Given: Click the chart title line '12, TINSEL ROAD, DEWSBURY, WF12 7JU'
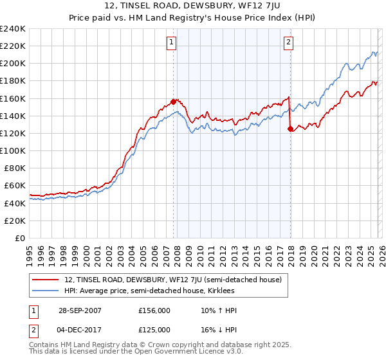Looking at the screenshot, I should pyautogui.click(x=193, y=7).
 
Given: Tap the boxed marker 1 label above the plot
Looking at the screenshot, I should pyautogui.click(x=173, y=42).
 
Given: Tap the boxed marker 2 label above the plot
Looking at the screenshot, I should pyautogui.click(x=288, y=42).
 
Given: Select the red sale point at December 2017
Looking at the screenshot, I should pyautogui.click(x=289, y=129).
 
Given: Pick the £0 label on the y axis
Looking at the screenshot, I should pyautogui.click(x=19, y=238).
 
